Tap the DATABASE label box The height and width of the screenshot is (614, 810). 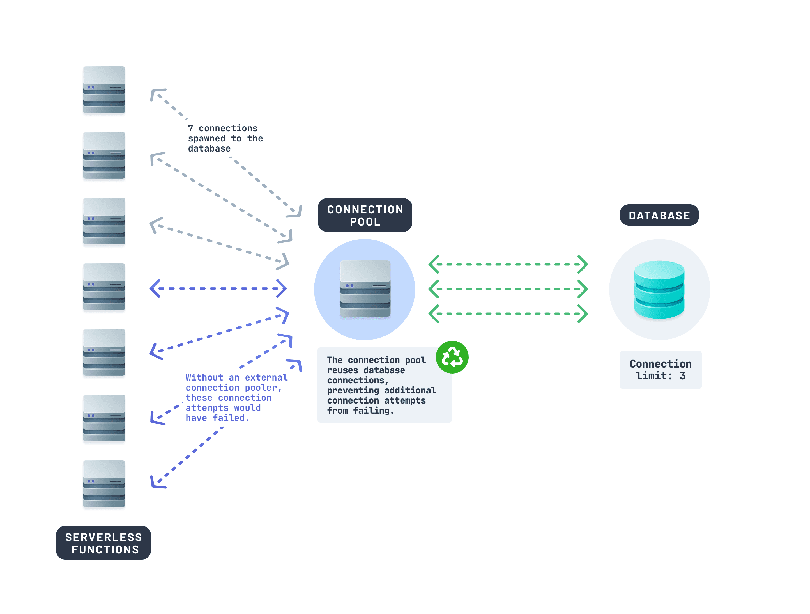659,215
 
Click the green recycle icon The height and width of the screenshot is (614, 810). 452,357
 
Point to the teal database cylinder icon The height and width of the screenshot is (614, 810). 659,289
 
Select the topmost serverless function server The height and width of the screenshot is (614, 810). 104,90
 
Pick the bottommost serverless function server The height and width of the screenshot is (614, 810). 104,484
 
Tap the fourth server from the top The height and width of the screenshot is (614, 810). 104,287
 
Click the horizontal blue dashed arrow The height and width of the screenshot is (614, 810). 218,289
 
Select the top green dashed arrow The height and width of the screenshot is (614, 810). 508,264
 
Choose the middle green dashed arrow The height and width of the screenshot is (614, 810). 508,289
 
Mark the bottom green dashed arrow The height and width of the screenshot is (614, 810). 508,313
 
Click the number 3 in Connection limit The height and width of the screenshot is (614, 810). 682,376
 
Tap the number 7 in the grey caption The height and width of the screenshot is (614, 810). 190,129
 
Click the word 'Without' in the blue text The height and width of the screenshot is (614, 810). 204,377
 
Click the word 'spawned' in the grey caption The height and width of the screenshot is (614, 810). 206,138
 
